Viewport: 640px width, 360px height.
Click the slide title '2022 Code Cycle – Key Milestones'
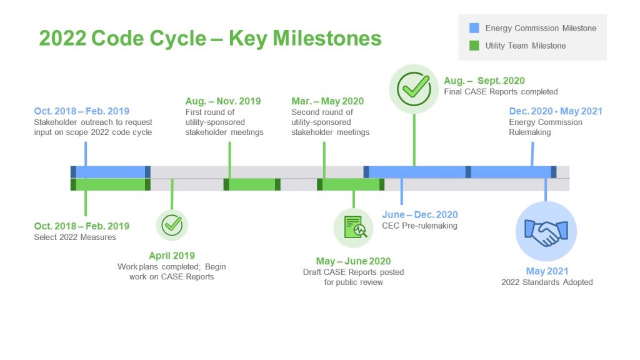coord(210,38)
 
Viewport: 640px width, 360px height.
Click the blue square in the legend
coord(474,28)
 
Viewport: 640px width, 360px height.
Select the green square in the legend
coord(474,46)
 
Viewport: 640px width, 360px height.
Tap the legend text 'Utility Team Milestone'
coord(526,46)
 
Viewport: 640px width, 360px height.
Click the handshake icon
coord(546,232)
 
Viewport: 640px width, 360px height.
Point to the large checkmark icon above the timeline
coord(414,89)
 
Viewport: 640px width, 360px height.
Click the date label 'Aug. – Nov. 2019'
coord(223,101)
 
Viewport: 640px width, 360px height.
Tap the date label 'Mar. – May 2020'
coord(327,101)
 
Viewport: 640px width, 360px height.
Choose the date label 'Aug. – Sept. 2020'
coord(484,81)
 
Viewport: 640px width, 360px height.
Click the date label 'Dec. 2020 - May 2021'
coord(556,111)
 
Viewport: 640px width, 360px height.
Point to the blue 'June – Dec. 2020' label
coord(420,215)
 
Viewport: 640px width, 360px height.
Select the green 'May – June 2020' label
coord(353,261)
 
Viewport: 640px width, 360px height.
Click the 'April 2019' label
coord(172,256)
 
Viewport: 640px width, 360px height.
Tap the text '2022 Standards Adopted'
coord(547,282)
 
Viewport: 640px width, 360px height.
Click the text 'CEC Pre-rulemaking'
coord(419,226)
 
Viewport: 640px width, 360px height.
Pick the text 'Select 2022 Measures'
coord(75,237)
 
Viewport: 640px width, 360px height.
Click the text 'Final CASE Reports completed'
coord(501,91)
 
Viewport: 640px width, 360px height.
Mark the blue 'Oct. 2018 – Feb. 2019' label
coord(82,111)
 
